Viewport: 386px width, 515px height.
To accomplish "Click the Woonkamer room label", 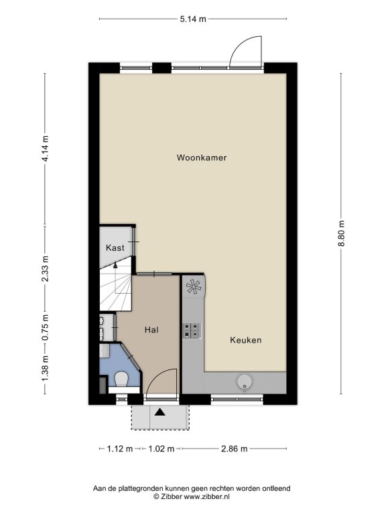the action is [x=202, y=158].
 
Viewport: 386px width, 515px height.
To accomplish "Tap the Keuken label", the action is [x=246, y=340].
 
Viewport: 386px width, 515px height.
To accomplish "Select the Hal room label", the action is [x=151, y=329].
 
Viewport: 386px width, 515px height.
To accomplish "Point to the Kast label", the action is [x=115, y=247].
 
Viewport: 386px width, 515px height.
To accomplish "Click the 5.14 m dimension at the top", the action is [x=193, y=19].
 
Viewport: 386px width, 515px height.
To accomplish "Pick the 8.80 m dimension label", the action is [x=341, y=233].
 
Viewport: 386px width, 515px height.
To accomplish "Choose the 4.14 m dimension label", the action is [x=45, y=148].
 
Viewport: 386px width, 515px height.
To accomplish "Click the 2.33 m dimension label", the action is [x=45, y=268].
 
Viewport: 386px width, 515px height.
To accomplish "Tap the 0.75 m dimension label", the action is [x=45, y=328].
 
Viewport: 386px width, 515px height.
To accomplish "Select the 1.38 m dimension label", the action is [x=45, y=369].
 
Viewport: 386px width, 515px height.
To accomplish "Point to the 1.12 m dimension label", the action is [x=120, y=449].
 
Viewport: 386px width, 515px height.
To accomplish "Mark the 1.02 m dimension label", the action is [x=162, y=449].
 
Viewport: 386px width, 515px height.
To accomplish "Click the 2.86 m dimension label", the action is [x=235, y=449].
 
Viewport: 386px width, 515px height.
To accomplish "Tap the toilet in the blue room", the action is [x=121, y=380].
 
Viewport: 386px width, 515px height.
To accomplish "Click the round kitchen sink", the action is [x=245, y=382].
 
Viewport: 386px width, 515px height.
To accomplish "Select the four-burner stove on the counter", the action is [x=192, y=331].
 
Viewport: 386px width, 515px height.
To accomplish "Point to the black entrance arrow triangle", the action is [x=160, y=412].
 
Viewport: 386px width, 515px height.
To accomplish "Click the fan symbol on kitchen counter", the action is [x=194, y=286].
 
